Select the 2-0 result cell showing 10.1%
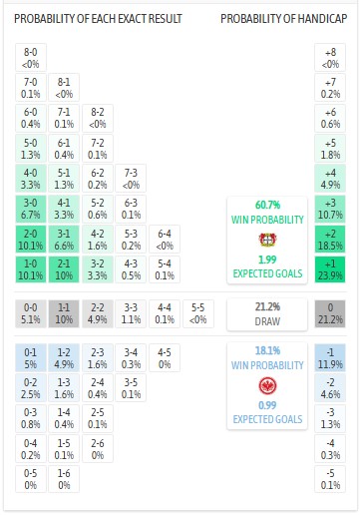click(x=30, y=239)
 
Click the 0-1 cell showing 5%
click(x=30, y=358)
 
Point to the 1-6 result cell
click(x=64, y=478)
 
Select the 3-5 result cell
click(x=131, y=388)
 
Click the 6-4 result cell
click(x=165, y=239)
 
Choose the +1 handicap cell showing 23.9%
click(x=330, y=268)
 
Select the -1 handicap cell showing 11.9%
click(x=330, y=358)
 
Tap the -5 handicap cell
click(x=330, y=478)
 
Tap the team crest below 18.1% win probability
click(x=266, y=383)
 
